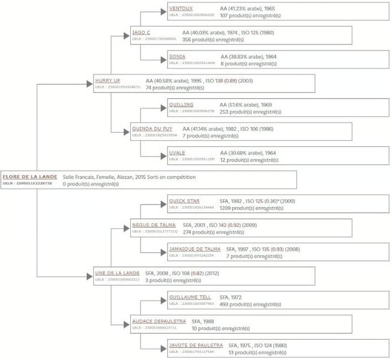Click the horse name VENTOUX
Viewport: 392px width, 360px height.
point(181,8)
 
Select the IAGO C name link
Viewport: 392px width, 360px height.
point(142,32)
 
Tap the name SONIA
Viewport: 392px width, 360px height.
point(177,56)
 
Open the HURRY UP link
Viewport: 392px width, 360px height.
point(107,80)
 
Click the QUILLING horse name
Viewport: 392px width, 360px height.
point(181,104)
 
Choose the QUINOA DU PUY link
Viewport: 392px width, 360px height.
point(152,128)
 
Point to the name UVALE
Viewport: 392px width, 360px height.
point(177,152)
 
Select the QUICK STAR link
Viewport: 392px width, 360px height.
point(184,201)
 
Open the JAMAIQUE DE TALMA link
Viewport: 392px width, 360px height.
point(194,249)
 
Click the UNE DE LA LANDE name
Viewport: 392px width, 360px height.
point(117,273)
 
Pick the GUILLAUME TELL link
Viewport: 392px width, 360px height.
point(190,297)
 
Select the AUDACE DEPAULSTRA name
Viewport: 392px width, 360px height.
point(158,321)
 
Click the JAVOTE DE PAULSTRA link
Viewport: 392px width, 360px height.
point(196,345)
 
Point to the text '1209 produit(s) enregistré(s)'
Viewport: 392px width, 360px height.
point(249,208)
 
